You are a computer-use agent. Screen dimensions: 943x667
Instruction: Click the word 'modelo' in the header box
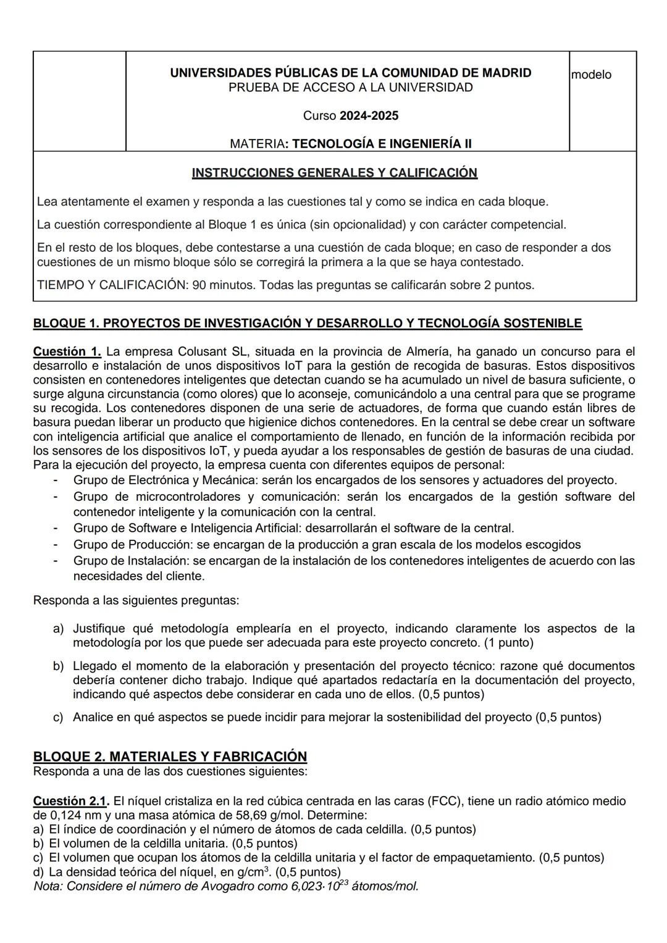coord(591,75)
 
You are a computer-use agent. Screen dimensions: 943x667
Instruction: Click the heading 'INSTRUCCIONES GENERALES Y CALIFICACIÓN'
coord(334,173)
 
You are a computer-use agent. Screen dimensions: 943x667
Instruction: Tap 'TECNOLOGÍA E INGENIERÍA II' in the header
coord(382,144)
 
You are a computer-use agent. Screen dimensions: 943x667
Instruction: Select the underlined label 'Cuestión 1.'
coord(67,352)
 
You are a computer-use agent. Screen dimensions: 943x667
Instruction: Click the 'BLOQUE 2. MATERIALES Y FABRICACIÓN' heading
coord(170,756)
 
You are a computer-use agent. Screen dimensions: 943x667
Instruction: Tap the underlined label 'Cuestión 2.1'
coord(70,801)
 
